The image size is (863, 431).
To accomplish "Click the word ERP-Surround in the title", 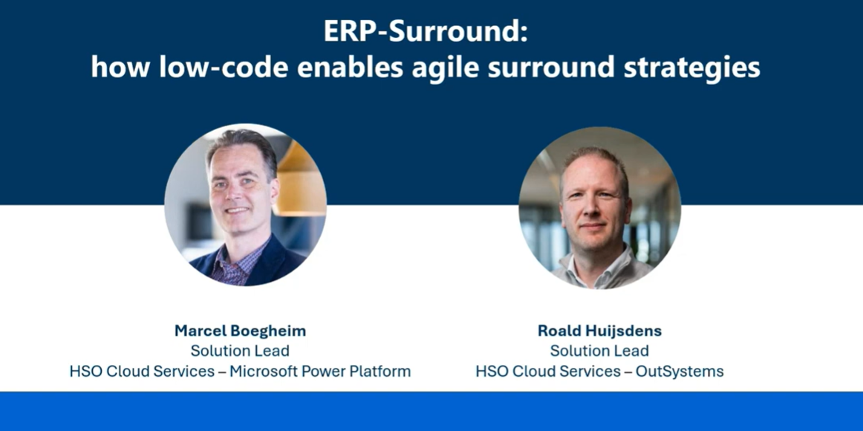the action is tap(426, 32).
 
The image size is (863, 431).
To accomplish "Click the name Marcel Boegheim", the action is tap(240, 331).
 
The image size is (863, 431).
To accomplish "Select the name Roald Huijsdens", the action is tap(599, 331).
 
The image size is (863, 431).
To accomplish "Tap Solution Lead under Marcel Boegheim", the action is tap(240, 351).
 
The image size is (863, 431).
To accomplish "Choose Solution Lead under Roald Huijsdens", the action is tap(599, 351).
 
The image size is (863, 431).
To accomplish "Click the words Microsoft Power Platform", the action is tap(320, 371).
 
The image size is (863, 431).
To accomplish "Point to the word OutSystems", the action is tap(679, 371).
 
